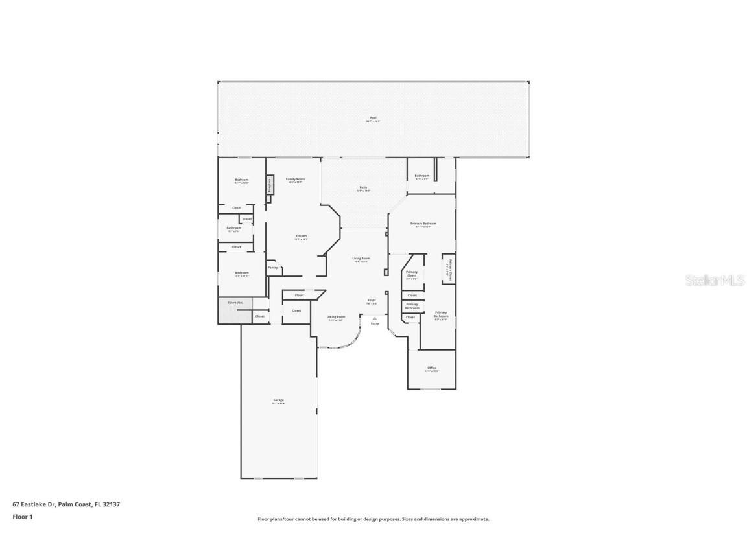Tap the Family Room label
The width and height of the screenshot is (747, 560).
point(295,179)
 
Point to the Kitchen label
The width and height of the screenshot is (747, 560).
point(301,236)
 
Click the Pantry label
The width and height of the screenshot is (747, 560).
point(272,267)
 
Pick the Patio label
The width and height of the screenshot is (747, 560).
point(363,187)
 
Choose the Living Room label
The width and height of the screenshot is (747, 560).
point(361,259)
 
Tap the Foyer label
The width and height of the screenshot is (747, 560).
point(372,300)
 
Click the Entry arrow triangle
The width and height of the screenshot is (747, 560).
point(375,318)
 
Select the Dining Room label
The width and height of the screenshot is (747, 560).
point(336,317)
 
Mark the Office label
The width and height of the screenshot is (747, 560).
point(431,367)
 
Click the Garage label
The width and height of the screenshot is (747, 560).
point(278,400)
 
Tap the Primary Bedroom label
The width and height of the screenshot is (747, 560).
point(423,224)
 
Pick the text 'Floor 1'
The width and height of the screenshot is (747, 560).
point(22,517)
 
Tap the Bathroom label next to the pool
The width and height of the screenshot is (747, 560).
point(422,176)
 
